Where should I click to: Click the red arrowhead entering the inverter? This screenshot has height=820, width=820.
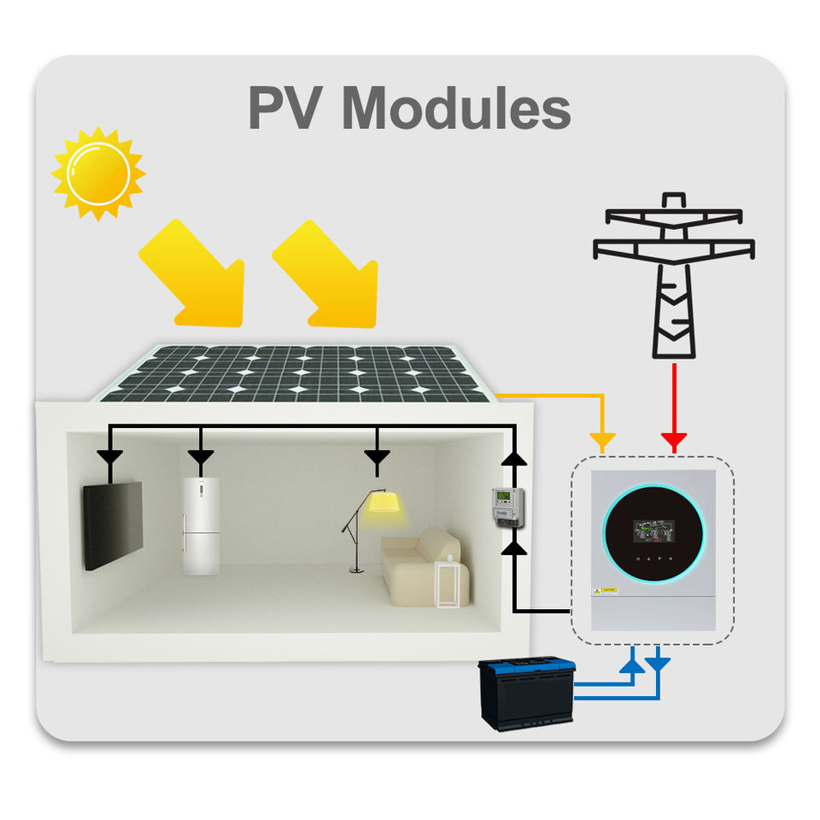[674, 442]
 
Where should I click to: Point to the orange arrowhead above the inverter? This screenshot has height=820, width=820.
[603, 442]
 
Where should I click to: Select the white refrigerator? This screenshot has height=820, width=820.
[202, 524]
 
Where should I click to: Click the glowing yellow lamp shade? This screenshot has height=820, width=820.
[383, 503]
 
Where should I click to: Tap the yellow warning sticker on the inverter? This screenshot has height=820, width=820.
[608, 590]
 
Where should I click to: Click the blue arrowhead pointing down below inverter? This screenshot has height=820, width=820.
[659, 662]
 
